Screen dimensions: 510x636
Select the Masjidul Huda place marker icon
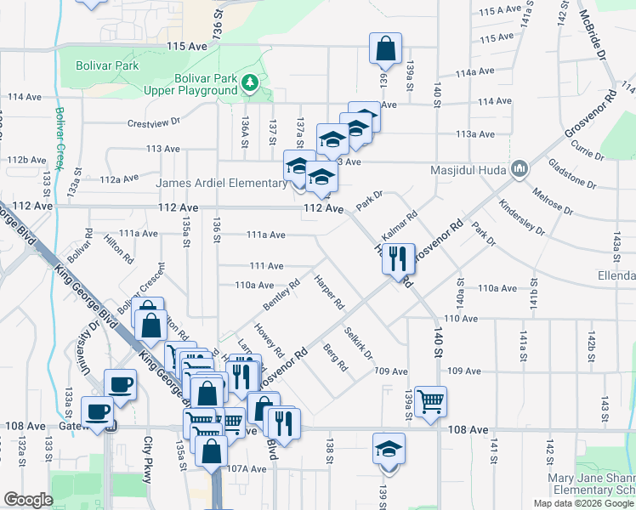click(518, 170)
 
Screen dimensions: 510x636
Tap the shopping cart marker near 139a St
click(431, 400)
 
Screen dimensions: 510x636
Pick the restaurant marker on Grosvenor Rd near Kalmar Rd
click(399, 258)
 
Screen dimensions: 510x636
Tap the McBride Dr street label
click(592, 35)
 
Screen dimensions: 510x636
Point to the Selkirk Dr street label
click(359, 343)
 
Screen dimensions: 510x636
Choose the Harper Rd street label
click(328, 292)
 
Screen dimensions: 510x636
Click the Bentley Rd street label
click(281, 294)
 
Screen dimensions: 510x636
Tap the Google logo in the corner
click(28, 500)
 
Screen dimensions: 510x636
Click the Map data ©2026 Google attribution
click(583, 503)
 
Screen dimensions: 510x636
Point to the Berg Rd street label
click(336, 358)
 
